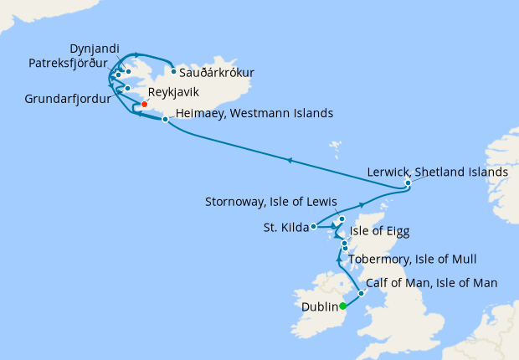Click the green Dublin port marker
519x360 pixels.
[343, 306]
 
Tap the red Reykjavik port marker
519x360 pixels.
[145, 105]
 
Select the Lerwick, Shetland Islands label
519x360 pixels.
[438, 172]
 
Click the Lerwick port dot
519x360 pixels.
[408, 183]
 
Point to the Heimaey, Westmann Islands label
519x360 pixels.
[255, 113]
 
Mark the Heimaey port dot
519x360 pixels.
[165, 120]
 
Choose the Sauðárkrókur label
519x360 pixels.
[217, 72]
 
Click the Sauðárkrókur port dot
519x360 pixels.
[173, 71]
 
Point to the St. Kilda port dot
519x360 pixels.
[313, 226]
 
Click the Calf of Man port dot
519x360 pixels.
[361, 293]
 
